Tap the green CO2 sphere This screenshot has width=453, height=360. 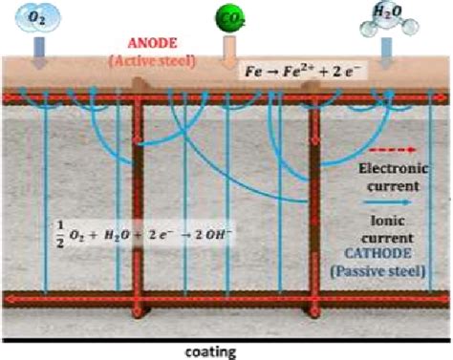click(228, 20)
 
